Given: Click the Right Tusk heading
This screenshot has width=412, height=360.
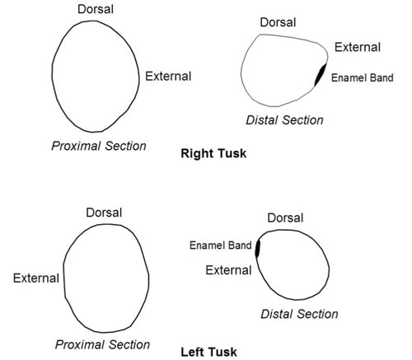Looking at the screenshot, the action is click(x=213, y=153).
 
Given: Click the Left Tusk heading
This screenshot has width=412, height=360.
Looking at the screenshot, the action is click(x=208, y=352).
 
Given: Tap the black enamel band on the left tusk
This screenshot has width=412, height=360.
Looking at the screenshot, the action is click(x=257, y=249).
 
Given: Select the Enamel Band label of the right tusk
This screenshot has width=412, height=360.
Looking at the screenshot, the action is click(x=362, y=77).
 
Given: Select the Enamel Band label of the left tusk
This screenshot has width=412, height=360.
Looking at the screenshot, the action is click(x=220, y=245).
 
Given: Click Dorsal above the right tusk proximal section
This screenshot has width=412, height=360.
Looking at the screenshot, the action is click(x=96, y=9).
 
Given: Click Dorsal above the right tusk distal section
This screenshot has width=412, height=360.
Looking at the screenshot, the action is click(x=278, y=22).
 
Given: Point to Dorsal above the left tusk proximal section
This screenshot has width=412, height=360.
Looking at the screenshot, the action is click(x=104, y=213).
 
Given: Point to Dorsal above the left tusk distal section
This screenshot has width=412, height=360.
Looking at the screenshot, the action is click(x=285, y=217).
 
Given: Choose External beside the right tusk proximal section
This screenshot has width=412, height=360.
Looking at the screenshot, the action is click(x=168, y=76).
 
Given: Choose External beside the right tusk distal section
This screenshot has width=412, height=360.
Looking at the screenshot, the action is click(x=358, y=47).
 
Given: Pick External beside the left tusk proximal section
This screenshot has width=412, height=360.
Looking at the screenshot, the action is click(x=36, y=278).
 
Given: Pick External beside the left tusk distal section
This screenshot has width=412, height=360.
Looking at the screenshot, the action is click(x=228, y=270).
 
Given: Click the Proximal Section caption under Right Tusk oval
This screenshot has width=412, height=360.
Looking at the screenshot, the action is click(x=99, y=146).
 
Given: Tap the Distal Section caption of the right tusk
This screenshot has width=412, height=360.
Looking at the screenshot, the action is click(x=284, y=120).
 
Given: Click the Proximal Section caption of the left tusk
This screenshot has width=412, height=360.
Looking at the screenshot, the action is click(x=102, y=344).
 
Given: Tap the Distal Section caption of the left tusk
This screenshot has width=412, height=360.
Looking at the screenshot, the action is click(x=299, y=314).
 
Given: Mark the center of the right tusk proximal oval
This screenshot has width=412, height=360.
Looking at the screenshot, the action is click(x=96, y=77).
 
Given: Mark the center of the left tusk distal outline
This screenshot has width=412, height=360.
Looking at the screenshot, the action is click(x=293, y=264).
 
